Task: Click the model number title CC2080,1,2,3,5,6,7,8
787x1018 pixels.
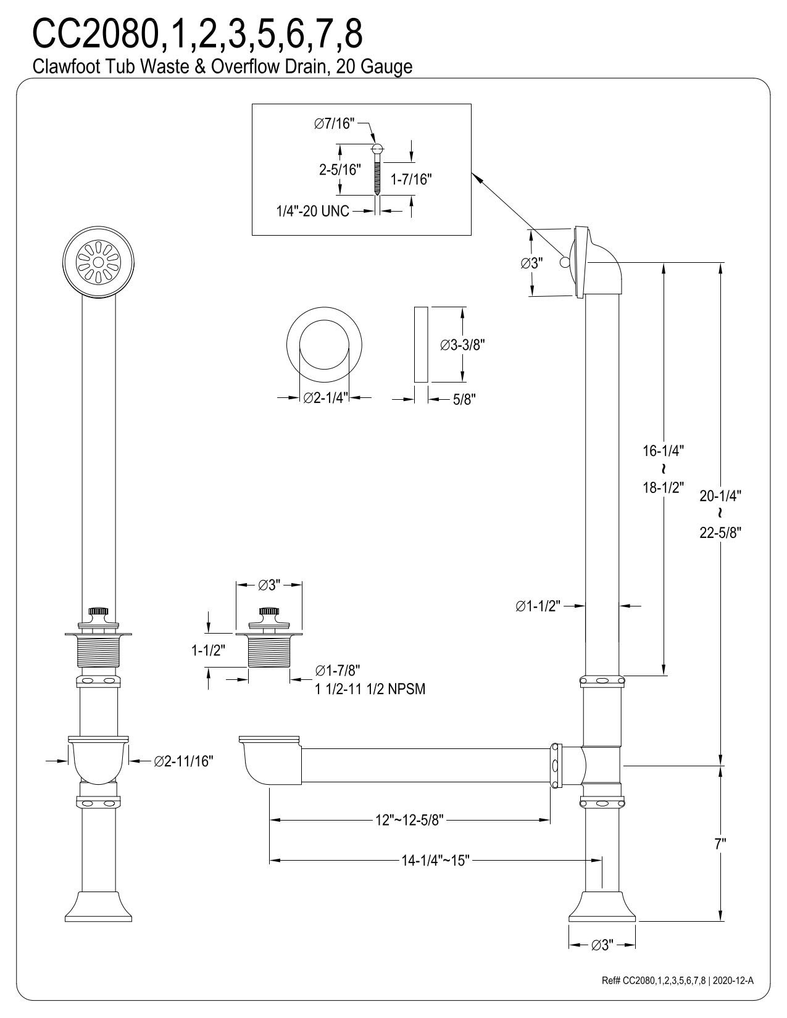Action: (x=198, y=35)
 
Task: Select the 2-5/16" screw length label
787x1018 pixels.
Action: (x=339, y=170)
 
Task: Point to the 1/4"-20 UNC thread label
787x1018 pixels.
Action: (x=312, y=211)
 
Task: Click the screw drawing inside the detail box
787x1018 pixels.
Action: (x=377, y=169)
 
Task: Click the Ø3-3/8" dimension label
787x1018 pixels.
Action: (x=464, y=346)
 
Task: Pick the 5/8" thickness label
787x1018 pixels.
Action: (x=464, y=400)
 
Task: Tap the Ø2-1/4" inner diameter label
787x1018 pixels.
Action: (x=327, y=399)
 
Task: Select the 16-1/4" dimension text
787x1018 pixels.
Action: (x=664, y=450)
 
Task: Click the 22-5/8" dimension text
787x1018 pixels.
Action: (x=720, y=532)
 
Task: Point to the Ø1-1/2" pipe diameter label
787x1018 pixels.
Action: (x=537, y=606)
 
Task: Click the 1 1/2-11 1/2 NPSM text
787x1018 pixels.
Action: (x=370, y=689)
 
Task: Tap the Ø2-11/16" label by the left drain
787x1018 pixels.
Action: (x=183, y=761)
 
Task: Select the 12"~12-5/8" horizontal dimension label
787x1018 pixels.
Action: (x=410, y=820)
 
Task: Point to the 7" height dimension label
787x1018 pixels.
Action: (x=720, y=845)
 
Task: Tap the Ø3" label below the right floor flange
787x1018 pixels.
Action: (x=602, y=962)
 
